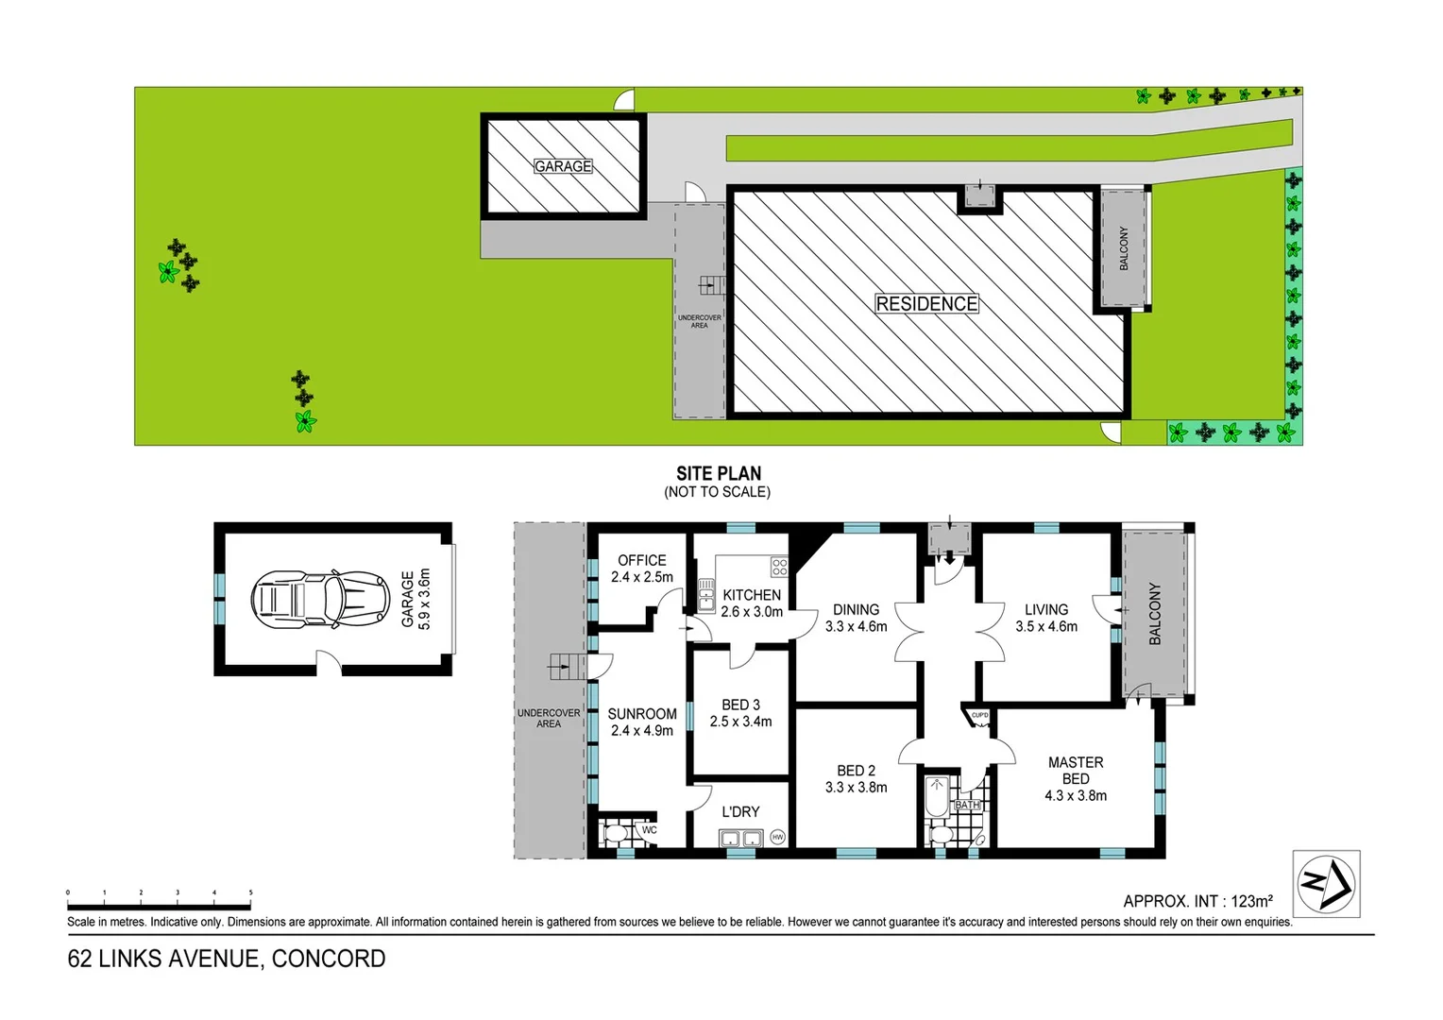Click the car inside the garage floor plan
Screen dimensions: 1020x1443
(x=320, y=599)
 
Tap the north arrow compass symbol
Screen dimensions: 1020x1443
(x=1326, y=884)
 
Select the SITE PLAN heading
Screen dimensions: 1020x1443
(x=719, y=474)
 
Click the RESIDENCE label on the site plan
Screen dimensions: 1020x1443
(x=926, y=304)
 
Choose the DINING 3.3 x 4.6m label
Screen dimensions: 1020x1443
(x=857, y=618)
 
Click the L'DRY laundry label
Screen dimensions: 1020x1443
(x=740, y=811)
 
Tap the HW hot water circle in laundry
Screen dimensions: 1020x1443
(x=777, y=837)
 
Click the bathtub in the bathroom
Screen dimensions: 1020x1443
(x=936, y=796)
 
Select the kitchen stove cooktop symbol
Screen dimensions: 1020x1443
(x=779, y=567)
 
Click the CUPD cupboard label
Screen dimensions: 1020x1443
(x=980, y=715)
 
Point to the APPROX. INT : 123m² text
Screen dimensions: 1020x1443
(x=1197, y=901)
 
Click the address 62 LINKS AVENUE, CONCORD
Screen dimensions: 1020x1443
(x=227, y=959)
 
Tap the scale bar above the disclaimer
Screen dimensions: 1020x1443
(x=159, y=895)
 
